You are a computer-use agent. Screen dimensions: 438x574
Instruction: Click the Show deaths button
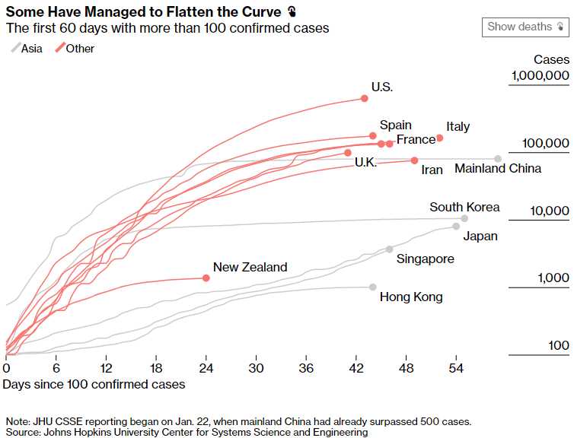525,27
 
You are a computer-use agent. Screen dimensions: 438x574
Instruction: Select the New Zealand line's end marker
206,278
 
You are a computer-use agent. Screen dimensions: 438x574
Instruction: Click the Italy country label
458,127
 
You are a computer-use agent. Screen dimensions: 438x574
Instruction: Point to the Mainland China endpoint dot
498,159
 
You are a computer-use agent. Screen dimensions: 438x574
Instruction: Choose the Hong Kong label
411,297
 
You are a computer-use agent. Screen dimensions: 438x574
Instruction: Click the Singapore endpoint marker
389,249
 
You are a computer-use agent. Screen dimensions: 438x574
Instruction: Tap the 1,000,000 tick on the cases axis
540,76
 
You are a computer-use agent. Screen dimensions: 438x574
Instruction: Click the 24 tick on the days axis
206,368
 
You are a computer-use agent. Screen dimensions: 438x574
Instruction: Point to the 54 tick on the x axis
456,368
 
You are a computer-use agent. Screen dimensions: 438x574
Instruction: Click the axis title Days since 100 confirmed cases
94,385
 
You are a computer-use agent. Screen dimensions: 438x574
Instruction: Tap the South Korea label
464,207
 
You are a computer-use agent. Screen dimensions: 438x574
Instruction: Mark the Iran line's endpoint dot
414,160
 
